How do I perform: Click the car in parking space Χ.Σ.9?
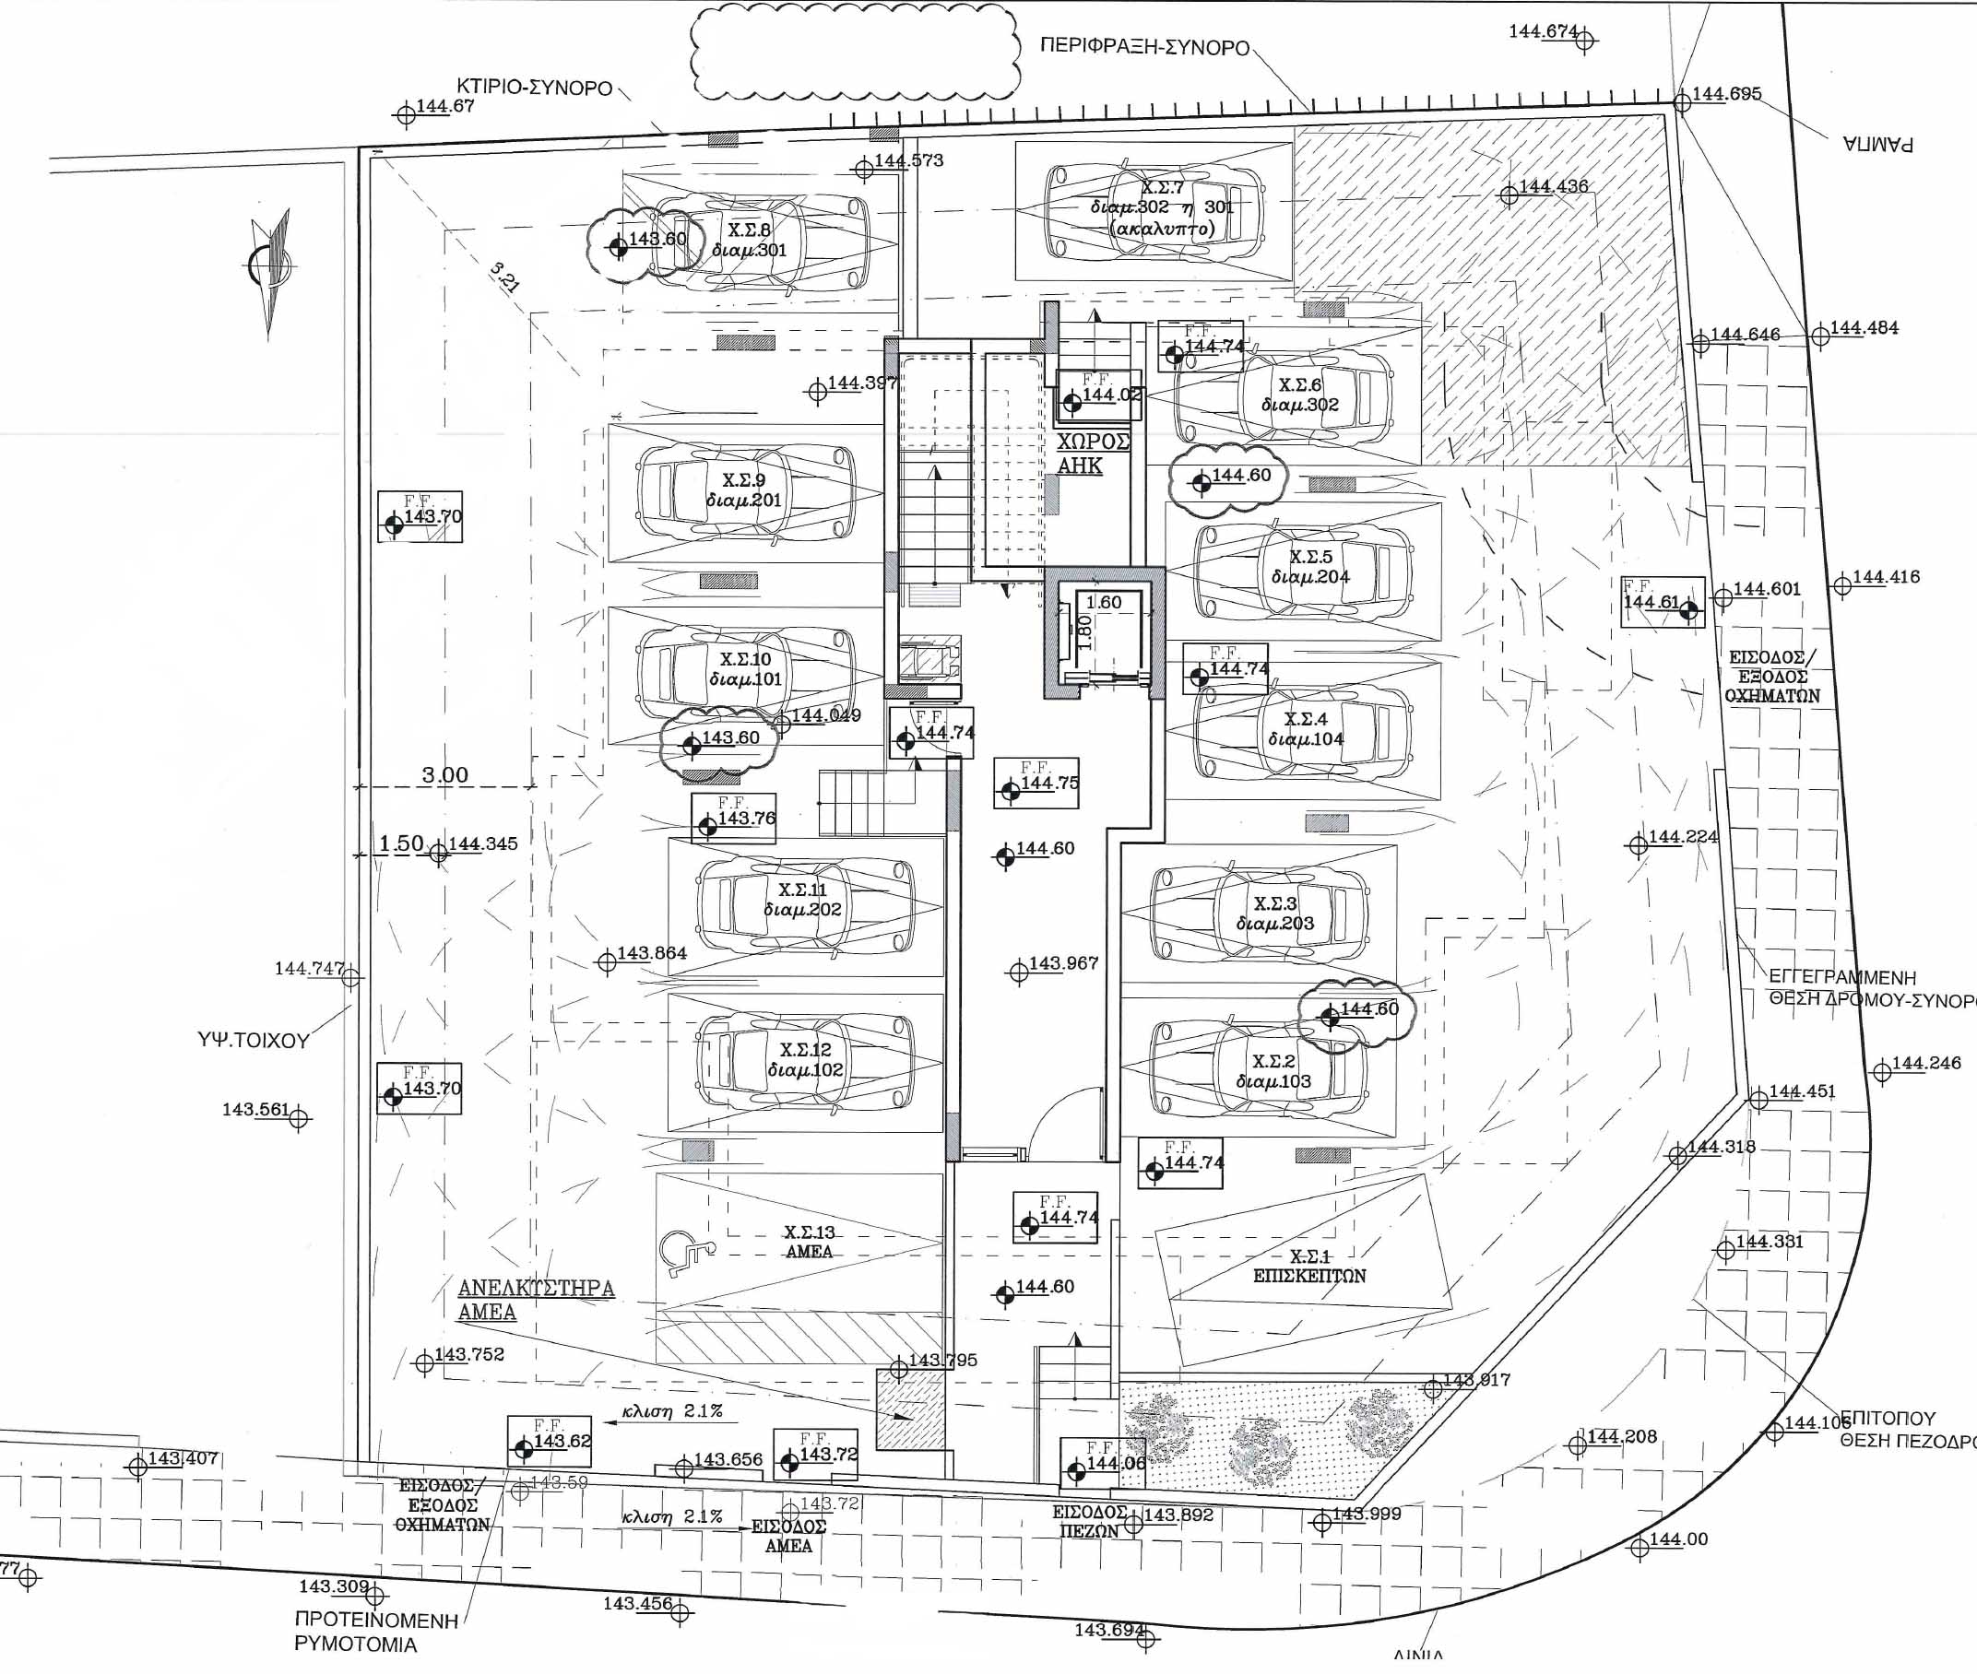tap(746, 491)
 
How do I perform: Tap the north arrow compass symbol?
tap(269, 265)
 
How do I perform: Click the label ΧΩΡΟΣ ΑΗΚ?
tap(1094, 454)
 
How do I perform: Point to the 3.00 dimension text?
tap(444, 774)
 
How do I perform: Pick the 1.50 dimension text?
tap(400, 843)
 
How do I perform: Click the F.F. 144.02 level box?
tap(1099, 395)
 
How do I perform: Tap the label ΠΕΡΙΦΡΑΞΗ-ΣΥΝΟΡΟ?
tap(1144, 46)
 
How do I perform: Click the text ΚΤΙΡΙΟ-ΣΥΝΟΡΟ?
tap(534, 88)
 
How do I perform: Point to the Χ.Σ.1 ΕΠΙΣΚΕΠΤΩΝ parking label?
tap(1309, 1266)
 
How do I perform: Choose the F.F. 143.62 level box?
tap(550, 1442)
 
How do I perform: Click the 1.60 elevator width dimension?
tap(1104, 602)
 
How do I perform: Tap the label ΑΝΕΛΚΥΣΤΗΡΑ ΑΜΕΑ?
tap(536, 1299)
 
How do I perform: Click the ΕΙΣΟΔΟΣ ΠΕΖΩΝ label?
tap(1090, 1521)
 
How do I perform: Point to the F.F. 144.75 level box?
tap(1036, 782)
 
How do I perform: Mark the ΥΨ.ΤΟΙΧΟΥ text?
tap(253, 1040)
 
